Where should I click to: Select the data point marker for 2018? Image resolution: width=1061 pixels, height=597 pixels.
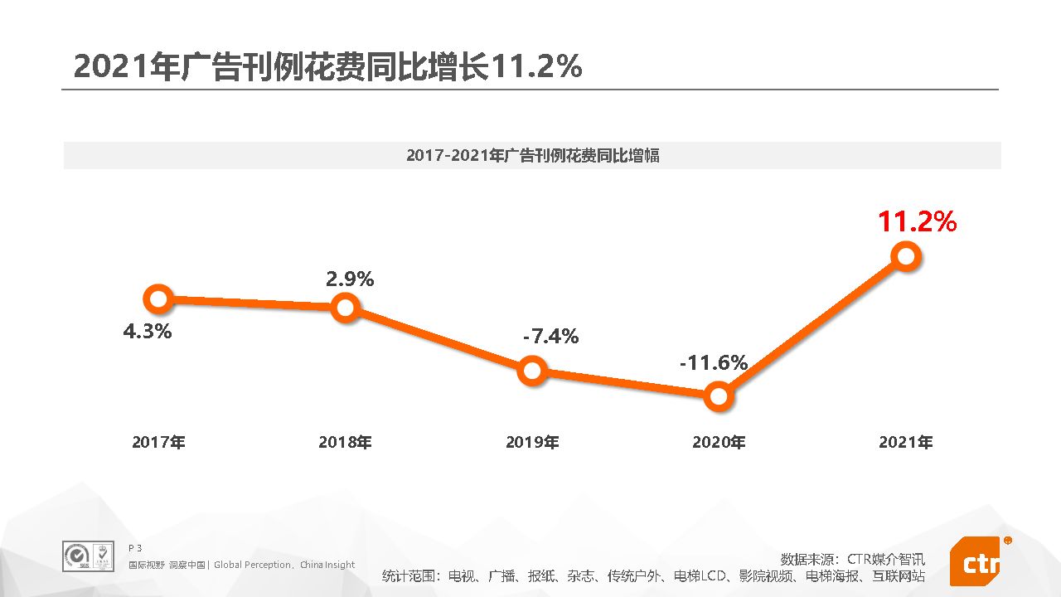[x=345, y=308]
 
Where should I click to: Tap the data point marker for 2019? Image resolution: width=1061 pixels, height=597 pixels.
[x=532, y=370]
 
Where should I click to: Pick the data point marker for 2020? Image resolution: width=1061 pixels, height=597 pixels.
[x=719, y=396]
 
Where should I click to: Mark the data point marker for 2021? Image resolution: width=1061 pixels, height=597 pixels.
[x=906, y=256]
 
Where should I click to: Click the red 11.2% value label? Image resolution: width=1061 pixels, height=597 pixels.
[x=918, y=222]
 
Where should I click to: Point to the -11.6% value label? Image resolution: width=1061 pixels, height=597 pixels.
[x=714, y=362]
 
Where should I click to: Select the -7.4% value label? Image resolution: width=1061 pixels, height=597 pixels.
[x=551, y=337]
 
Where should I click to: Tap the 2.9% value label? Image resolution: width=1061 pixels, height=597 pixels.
[x=350, y=279]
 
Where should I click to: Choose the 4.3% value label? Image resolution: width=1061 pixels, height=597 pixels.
[x=148, y=332]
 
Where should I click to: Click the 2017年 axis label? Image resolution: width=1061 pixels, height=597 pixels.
[x=158, y=443]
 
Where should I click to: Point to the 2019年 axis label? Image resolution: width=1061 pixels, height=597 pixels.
[x=532, y=443]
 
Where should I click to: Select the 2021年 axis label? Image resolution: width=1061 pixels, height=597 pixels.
[x=906, y=443]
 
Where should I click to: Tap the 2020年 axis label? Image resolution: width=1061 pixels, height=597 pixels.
[x=719, y=443]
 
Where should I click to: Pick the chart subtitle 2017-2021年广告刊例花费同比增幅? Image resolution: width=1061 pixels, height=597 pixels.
[x=532, y=155]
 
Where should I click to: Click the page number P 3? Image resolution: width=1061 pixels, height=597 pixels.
[x=135, y=548]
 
